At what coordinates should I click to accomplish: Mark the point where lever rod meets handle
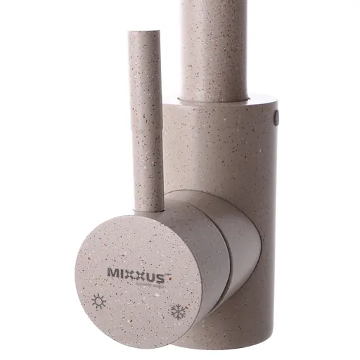point(147,206)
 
